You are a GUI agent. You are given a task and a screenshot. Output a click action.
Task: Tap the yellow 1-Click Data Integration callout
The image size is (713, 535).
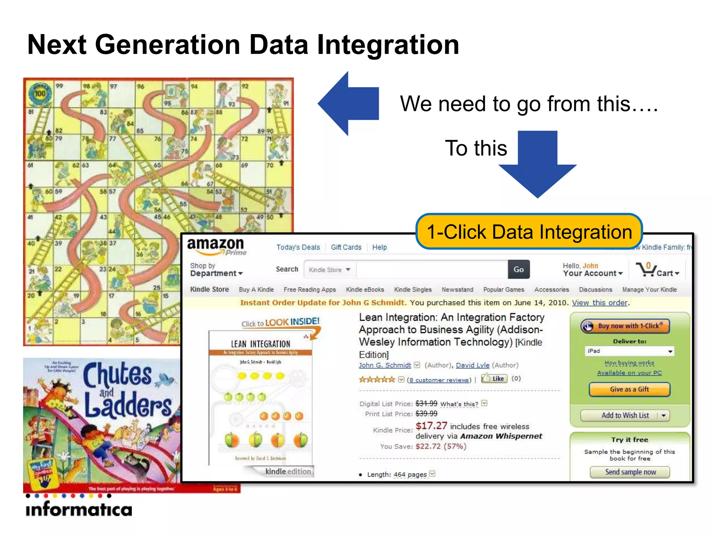point(529,232)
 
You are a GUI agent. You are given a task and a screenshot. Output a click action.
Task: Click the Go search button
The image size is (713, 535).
point(518,269)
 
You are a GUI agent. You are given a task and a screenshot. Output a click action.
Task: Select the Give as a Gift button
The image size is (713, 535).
point(629,389)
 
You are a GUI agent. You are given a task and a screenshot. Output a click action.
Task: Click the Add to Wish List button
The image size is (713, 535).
point(625,415)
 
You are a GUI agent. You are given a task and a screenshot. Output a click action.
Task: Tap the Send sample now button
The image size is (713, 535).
point(630,472)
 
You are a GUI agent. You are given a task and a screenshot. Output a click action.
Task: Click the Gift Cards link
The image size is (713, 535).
point(346,247)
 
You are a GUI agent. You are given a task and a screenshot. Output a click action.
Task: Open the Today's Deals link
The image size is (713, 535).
point(298,247)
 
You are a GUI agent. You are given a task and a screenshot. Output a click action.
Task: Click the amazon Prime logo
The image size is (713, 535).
point(217,246)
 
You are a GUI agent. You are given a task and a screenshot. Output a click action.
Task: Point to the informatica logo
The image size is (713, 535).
point(79,509)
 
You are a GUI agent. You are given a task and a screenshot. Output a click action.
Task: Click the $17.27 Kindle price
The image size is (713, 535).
point(431,426)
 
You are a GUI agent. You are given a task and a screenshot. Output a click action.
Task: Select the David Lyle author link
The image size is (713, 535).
point(472,365)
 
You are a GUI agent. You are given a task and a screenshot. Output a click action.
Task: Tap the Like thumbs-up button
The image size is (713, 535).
point(494,379)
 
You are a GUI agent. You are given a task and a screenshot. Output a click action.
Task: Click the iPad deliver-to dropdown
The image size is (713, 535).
point(629,351)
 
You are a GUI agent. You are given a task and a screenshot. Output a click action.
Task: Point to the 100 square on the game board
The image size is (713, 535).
point(40,93)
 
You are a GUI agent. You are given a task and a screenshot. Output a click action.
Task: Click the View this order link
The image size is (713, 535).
point(600,303)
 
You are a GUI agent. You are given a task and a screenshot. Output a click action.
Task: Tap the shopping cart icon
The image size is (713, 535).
point(646,270)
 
